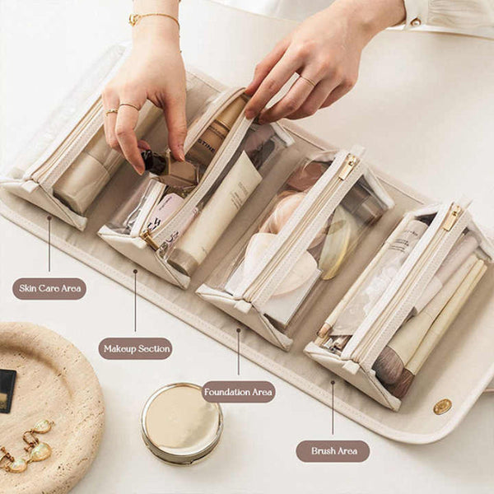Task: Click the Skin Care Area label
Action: pyautogui.click(x=49, y=288)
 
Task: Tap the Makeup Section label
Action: pyautogui.click(x=135, y=348)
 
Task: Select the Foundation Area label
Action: pyautogui.click(x=238, y=391)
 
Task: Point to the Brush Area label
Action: pyautogui.click(x=333, y=450)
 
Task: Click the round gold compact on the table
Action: pyautogui.click(x=181, y=422)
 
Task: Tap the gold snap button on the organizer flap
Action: pyautogui.click(x=443, y=406)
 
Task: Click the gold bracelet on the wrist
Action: pyautogui.click(x=153, y=17)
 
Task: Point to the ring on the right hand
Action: pyautogui.click(x=306, y=80)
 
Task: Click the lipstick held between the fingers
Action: pyautogui.click(x=155, y=161)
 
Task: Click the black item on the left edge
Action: pyautogui.click(x=7, y=390)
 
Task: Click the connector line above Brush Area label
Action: pyautogui.click(x=333, y=408)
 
